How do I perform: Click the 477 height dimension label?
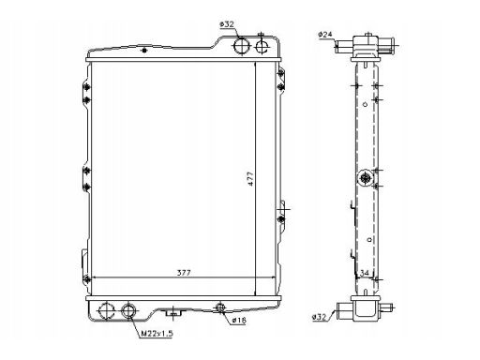coord(250,179)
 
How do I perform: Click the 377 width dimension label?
coord(184,273)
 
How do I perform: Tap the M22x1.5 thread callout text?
coord(157,334)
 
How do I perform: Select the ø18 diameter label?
coord(239,320)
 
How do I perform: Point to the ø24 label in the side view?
coord(325,35)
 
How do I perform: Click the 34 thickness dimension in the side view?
coord(365,273)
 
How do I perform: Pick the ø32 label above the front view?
coord(227,24)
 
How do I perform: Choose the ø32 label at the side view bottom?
coord(319,317)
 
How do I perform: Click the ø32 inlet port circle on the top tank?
coord(242,46)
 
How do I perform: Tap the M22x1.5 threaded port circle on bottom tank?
coord(128,310)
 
